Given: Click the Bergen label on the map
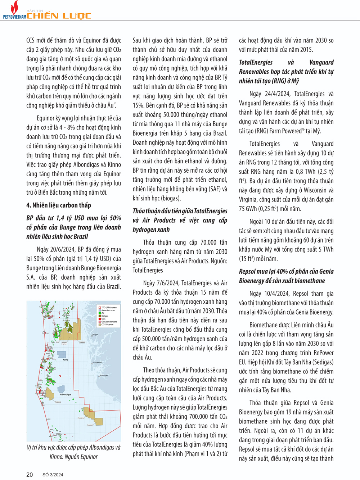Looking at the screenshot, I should tap(95, 335).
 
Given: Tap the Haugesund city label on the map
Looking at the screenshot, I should tap(97, 362).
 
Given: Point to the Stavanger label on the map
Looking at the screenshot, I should tap(103, 375).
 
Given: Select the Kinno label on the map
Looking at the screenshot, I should tap(66, 359).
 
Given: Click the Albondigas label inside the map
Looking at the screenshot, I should tap(66, 394).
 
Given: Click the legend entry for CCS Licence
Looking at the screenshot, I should tap(107, 325).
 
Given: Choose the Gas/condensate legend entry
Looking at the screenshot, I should tap(109, 322).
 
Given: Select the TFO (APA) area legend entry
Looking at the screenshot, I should tap(109, 308).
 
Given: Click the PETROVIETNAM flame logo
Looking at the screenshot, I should tap(14, 8).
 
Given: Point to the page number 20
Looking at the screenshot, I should tap(30, 475).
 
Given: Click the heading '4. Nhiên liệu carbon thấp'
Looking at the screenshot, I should tap(59, 205).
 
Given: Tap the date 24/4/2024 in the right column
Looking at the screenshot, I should tap(277, 94).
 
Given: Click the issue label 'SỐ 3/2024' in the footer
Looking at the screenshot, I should tap(53, 475).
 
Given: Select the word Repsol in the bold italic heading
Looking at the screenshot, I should tap(249, 272).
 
